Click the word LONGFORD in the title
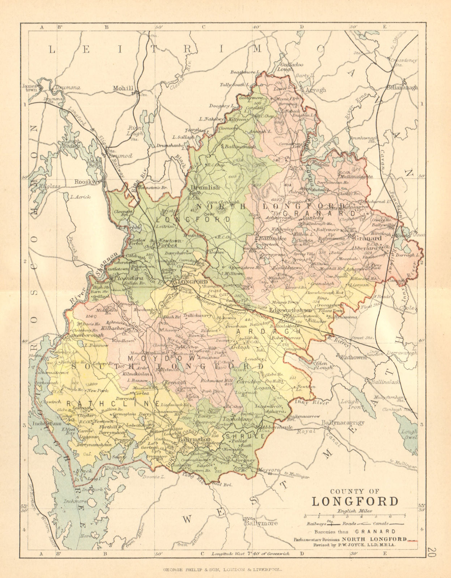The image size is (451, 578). point(355,501)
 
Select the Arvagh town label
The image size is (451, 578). point(316,90)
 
